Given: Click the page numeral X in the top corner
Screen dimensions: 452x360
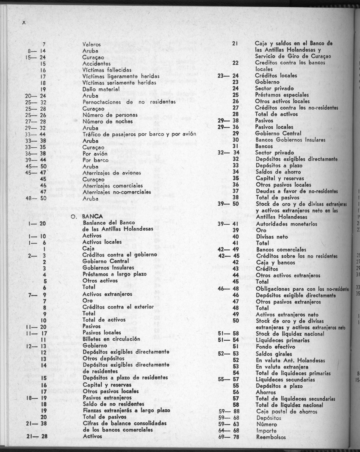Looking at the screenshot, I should pyautogui.click(x=24, y=24).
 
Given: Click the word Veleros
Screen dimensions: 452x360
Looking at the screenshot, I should pyautogui.click(x=91, y=44).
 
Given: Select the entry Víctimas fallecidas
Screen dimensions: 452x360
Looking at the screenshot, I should pyautogui.click(x=107, y=70).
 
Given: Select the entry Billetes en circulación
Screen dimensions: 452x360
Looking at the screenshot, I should pyautogui.click(x=111, y=339).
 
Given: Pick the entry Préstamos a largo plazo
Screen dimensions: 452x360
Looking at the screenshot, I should pyautogui.click(x=114, y=274).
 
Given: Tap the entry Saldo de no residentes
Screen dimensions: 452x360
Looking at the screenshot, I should pyautogui.click(x=111, y=404).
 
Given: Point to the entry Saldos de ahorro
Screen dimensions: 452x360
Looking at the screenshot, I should pyautogui.click(x=278, y=172).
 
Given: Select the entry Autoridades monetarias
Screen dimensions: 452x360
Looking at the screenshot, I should pyautogui.click(x=286, y=224).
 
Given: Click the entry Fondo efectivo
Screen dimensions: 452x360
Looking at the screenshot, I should pyautogui.click(x=276, y=347).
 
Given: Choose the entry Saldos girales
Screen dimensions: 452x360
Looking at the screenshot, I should pyautogui.click(x=274, y=354).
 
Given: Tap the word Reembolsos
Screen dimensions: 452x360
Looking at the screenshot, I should pyautogui.click(x=271, y=437).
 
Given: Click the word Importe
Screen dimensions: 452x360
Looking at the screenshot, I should pyautogui.click(x=266, y=430).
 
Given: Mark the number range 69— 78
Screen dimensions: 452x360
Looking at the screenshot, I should pyautogui.click(x=229, y=437).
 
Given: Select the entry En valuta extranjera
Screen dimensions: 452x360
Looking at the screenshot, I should pyautogui.click(x=282, y=367).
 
